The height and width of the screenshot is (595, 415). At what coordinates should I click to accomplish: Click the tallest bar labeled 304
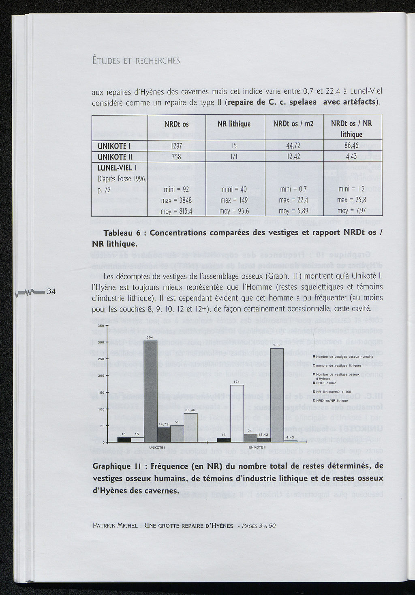[150, 391]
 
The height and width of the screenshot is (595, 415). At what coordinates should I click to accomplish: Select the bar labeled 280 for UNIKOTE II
[277, 395]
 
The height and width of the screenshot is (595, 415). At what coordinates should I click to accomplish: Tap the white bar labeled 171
[237, 413]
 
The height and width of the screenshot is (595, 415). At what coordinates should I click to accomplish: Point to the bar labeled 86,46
[190, 427]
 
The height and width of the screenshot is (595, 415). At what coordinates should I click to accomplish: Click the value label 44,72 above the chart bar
[163, 424]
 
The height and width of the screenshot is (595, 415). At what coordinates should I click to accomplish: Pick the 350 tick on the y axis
[101, 326]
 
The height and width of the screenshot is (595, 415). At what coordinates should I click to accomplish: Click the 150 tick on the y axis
[101, 393]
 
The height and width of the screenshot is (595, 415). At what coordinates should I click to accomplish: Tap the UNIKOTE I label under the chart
[156, 447]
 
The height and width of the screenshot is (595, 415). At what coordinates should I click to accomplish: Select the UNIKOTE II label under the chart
[257, 447]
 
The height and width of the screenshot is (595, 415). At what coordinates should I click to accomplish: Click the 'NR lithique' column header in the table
[235, 124]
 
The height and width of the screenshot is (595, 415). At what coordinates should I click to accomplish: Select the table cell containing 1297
[176, 146]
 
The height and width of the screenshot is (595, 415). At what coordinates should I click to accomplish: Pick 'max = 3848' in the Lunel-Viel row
[177, 200]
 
